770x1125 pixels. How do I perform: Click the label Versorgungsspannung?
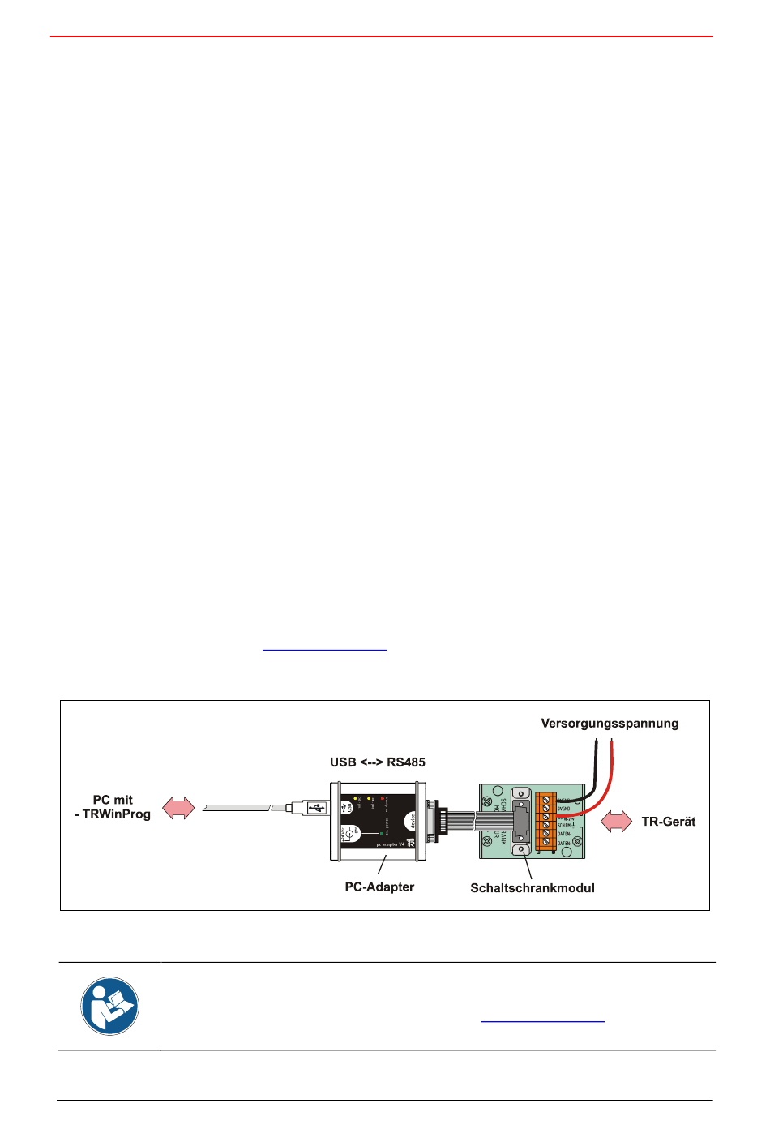pos(610,724)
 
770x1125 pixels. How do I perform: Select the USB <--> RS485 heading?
pos(377,762)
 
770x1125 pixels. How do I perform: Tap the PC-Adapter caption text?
pos(379,887)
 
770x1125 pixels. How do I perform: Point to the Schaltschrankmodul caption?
pos(533,888)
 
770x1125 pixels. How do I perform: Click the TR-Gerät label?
pos(668,822)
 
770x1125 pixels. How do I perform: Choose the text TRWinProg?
pos(116,814)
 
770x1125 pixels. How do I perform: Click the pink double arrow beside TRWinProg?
pos(178,808)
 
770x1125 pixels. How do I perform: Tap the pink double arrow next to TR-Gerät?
pos(617,822)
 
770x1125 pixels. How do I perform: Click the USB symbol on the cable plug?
pos(317,808)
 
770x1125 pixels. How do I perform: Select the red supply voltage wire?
pos(610,771)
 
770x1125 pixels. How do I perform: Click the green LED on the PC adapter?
pos(381,833)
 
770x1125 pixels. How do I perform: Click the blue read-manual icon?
pos(109,1006)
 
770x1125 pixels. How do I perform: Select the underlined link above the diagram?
pos(324,650)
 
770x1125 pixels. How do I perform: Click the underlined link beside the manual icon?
pos(542,1021)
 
